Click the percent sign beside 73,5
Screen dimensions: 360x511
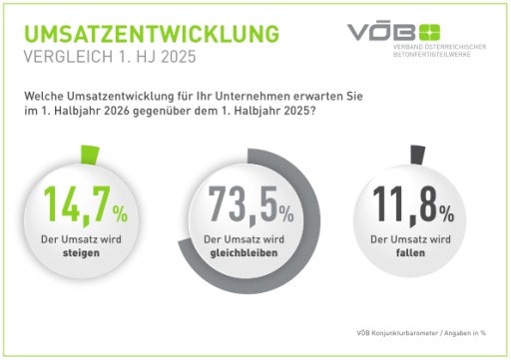[285, 211]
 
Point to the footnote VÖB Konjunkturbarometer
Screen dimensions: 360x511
[399, 331]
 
